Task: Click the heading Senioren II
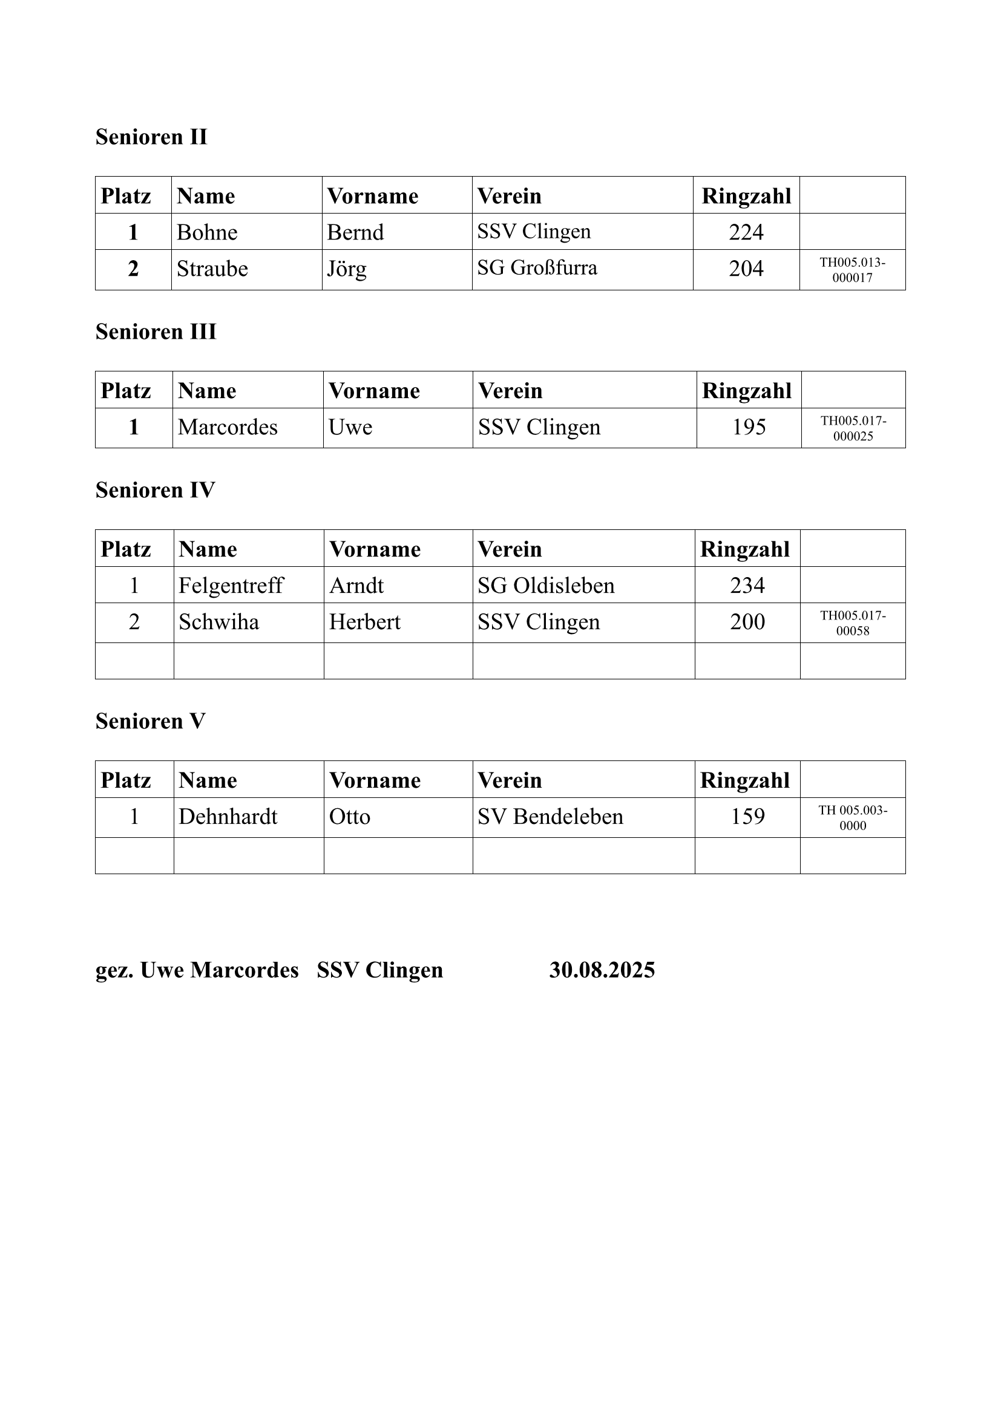151,137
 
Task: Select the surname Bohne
207,232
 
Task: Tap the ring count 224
746,232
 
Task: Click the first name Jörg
346,269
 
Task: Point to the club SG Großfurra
537,268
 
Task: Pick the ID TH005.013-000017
853,270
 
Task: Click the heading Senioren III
156,332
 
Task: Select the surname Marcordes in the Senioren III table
228,427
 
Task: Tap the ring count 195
748,427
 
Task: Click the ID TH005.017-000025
853,428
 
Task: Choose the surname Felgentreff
231,586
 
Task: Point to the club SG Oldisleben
545,586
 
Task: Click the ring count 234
747,586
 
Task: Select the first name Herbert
364,622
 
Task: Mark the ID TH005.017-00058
853,623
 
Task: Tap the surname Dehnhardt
228,817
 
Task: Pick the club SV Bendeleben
550,817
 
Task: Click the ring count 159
747,817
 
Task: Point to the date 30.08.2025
602,970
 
